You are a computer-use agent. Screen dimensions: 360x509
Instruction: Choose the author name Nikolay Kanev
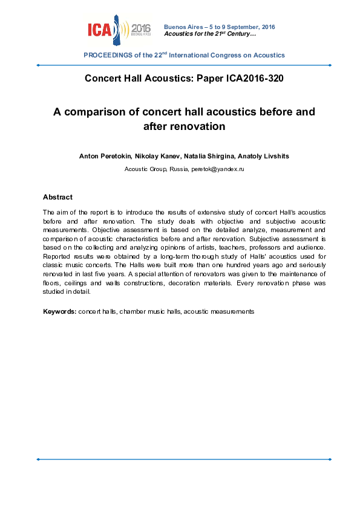tap(151, 156)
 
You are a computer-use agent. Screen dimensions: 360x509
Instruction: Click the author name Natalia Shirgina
tap(203, 156)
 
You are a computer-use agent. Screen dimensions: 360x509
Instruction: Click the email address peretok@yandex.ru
tap(217, 169)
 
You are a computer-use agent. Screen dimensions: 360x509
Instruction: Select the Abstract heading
tap(57, 197)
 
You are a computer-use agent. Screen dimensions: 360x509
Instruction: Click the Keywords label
tap(59, 311)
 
